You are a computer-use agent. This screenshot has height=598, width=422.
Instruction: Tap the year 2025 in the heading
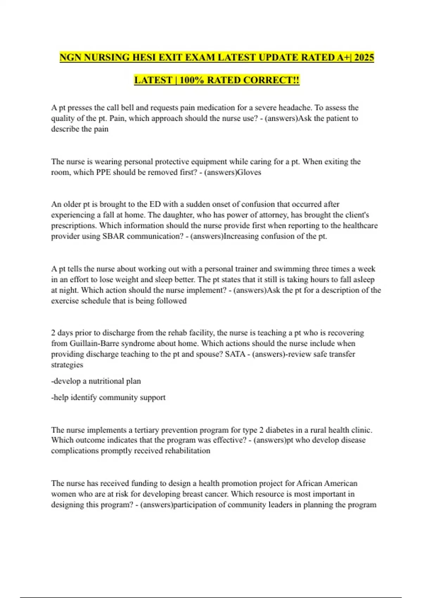[364, 57]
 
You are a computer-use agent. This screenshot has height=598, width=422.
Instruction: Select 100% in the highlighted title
[192, 80]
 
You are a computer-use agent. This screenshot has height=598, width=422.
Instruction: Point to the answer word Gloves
[249, 172]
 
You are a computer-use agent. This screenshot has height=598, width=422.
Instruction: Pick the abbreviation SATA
[235, 354]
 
